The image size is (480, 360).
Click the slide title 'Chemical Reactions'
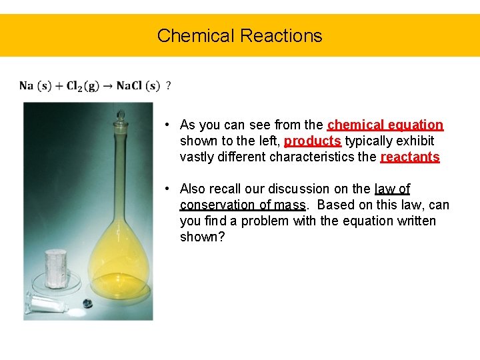click(x=239, y=35)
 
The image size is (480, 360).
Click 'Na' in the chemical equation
click(x=26, y=85)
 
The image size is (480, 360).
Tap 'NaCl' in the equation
click(x=129, y=85)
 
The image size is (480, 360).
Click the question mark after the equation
click(x=168, y=85)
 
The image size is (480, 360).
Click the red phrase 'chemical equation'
click(x=385, y=125)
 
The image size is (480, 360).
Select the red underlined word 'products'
click(x=313, y=141)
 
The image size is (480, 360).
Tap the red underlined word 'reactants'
click(x=409, y=157)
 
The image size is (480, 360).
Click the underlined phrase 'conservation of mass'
click(x=243, y=205)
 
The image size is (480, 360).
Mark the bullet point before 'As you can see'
click(x=171, y=125)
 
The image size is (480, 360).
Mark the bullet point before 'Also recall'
click(x=171, y=189)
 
